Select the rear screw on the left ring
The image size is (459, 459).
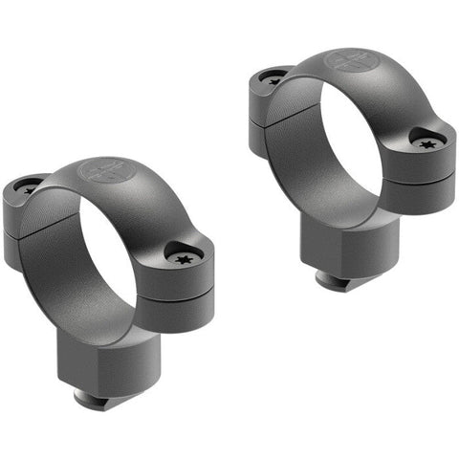point(29,186)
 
